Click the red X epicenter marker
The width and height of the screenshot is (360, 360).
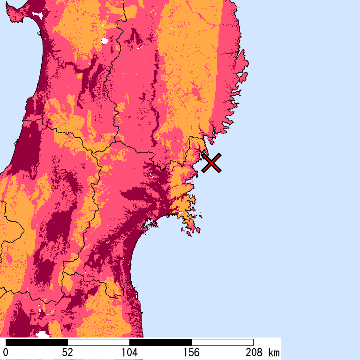(211, 163)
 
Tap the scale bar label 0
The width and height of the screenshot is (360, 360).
(6, 352)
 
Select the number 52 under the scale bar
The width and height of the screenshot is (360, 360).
(67, 352)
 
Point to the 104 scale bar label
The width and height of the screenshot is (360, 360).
(129, 352)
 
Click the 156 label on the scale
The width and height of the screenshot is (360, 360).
(191, 352)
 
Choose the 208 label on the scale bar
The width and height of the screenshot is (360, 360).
(253, 352)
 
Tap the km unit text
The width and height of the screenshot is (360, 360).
(274, 352)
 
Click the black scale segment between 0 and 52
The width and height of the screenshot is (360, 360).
(37, 342)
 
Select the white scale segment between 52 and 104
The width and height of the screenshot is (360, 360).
(98, 342)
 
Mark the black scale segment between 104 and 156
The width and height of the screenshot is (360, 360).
(160, 342)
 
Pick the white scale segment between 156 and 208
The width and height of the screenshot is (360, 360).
(222, 342)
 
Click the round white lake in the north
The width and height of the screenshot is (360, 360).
(105, 41)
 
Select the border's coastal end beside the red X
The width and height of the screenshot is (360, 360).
(202, 151)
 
